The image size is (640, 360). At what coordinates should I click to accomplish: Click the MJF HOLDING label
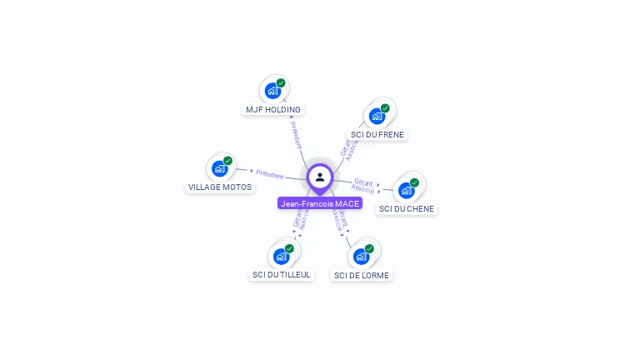[273, 110]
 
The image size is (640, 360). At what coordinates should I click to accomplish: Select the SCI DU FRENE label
[377, 134]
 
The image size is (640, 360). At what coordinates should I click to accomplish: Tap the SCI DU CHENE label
[407, 209]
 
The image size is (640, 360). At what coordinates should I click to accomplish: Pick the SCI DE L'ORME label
[361, 276]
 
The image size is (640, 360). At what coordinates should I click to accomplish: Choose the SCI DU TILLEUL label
[281, 275]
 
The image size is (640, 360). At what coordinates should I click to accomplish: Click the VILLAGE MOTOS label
[220, 187]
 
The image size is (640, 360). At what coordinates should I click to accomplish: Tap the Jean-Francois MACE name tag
[320, 203]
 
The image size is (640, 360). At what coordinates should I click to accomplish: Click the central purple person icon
[320, 177]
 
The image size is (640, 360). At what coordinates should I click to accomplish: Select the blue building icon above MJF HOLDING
[272, 91]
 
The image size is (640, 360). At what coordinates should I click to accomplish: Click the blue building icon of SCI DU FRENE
[377, 116]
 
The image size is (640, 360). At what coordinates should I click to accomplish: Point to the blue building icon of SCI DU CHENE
[406, 190]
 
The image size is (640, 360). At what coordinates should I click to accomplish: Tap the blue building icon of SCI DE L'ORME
[361, 256]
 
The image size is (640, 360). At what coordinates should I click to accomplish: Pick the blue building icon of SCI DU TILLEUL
[281, 256]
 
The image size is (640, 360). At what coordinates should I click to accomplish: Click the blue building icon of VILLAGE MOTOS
[219, 168]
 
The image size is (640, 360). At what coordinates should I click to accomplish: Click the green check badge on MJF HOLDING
[281, 83]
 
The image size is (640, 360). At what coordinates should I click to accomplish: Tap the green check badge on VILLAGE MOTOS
[227, 161]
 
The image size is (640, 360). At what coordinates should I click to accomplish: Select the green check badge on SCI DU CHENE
[414, 182]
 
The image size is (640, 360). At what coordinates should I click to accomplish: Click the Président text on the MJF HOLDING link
[296, 135]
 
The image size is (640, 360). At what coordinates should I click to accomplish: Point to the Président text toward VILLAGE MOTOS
[270, 174]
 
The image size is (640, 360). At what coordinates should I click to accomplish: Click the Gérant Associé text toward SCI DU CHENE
[362, 185]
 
